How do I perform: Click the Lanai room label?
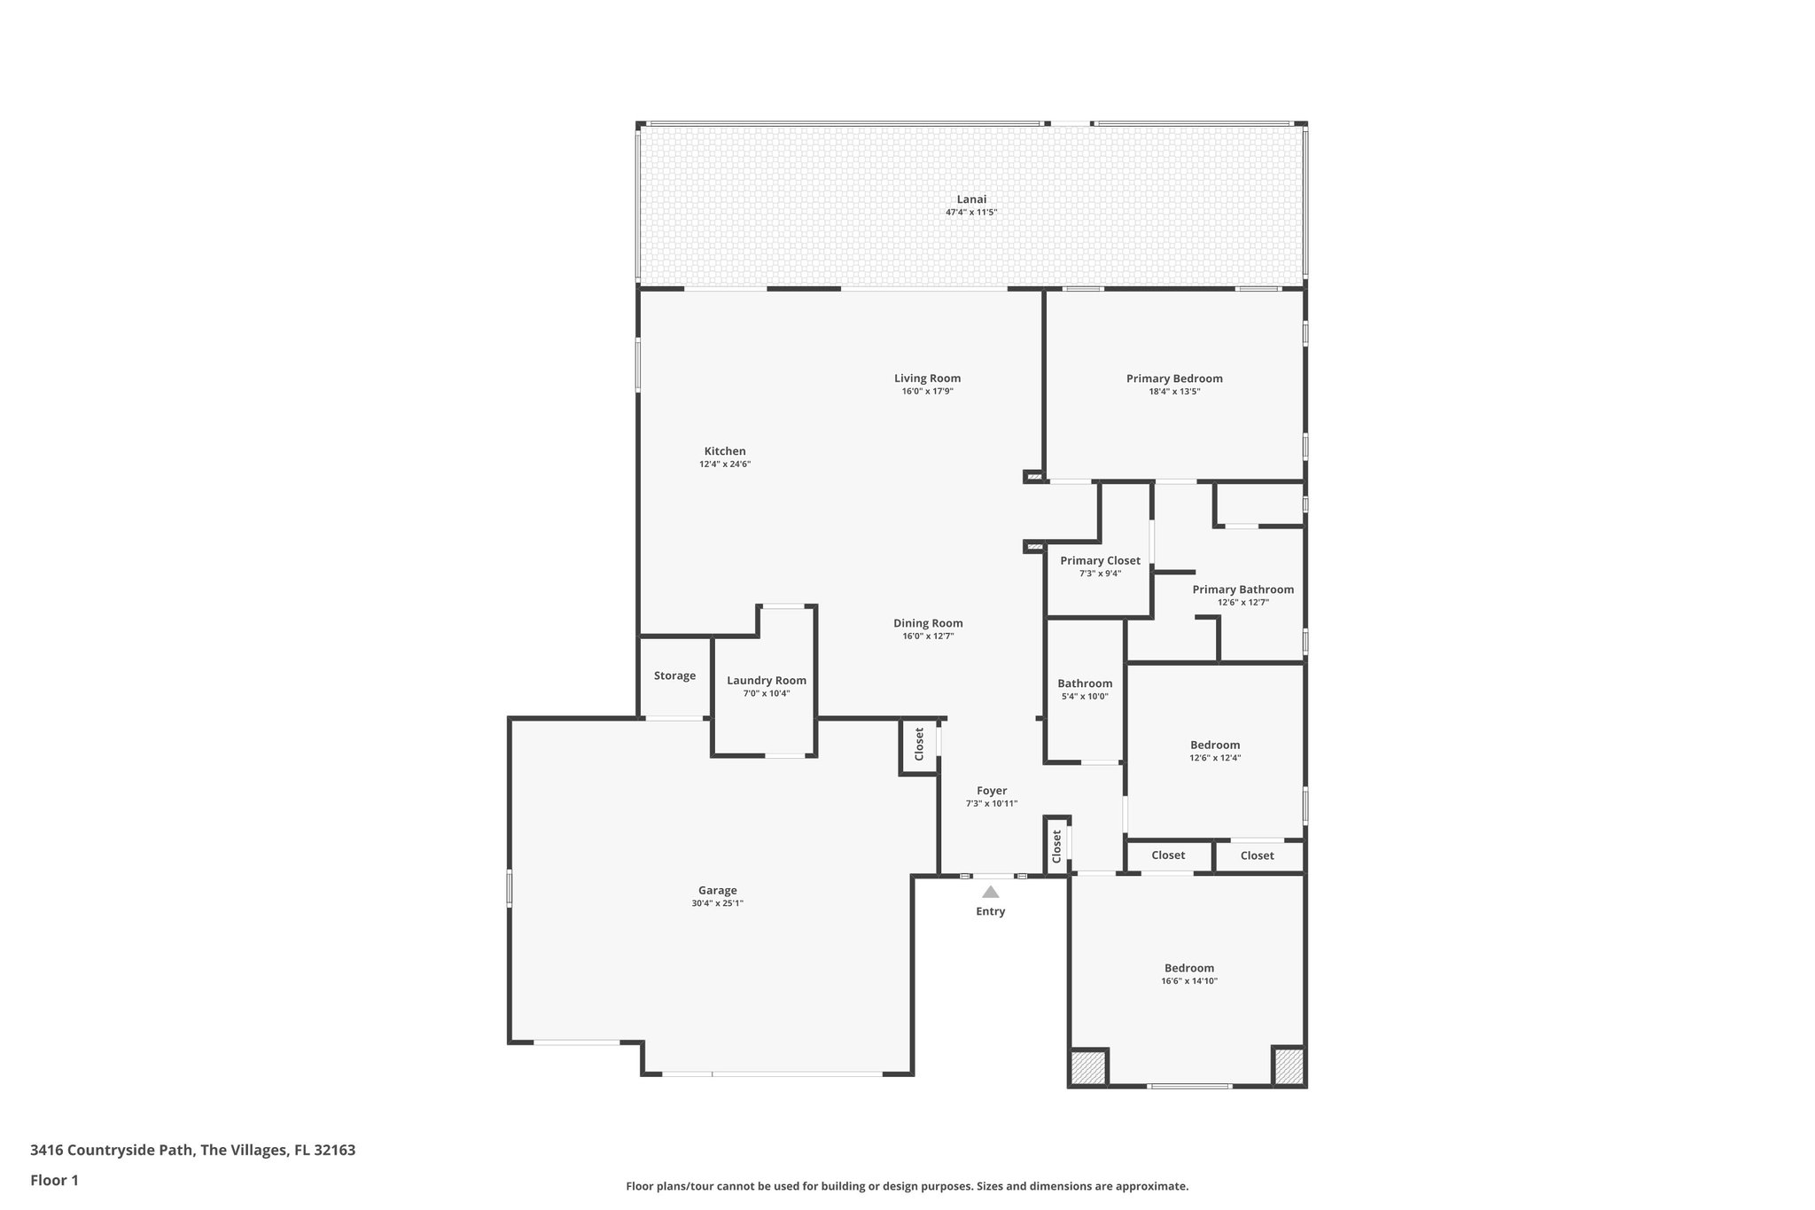tap(971, 199)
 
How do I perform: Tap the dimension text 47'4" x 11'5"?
tap(971, 213)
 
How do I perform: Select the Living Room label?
tap(927, 379)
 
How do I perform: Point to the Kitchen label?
tap(725, 451)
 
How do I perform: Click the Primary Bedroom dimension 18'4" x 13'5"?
tap(1174, 391)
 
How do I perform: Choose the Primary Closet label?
tap(1100, 560)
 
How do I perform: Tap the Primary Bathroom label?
tap(1242, 589)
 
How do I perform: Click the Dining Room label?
tap(928, 623)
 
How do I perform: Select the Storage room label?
tap(674, 675)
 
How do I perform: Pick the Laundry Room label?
tap(767, 681)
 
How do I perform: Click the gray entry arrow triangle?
tap(990, 893)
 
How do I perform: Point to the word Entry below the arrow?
tap(990, 911)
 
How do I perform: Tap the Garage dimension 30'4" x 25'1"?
tap(718, 903)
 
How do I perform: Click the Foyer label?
tap(992, 791)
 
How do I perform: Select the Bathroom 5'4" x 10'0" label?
tap(1085, 683)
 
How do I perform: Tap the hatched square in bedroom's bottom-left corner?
tap(1088, 1066)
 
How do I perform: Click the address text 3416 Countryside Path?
tap(112, 1151)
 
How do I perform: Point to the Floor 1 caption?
tap(54, 1180)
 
